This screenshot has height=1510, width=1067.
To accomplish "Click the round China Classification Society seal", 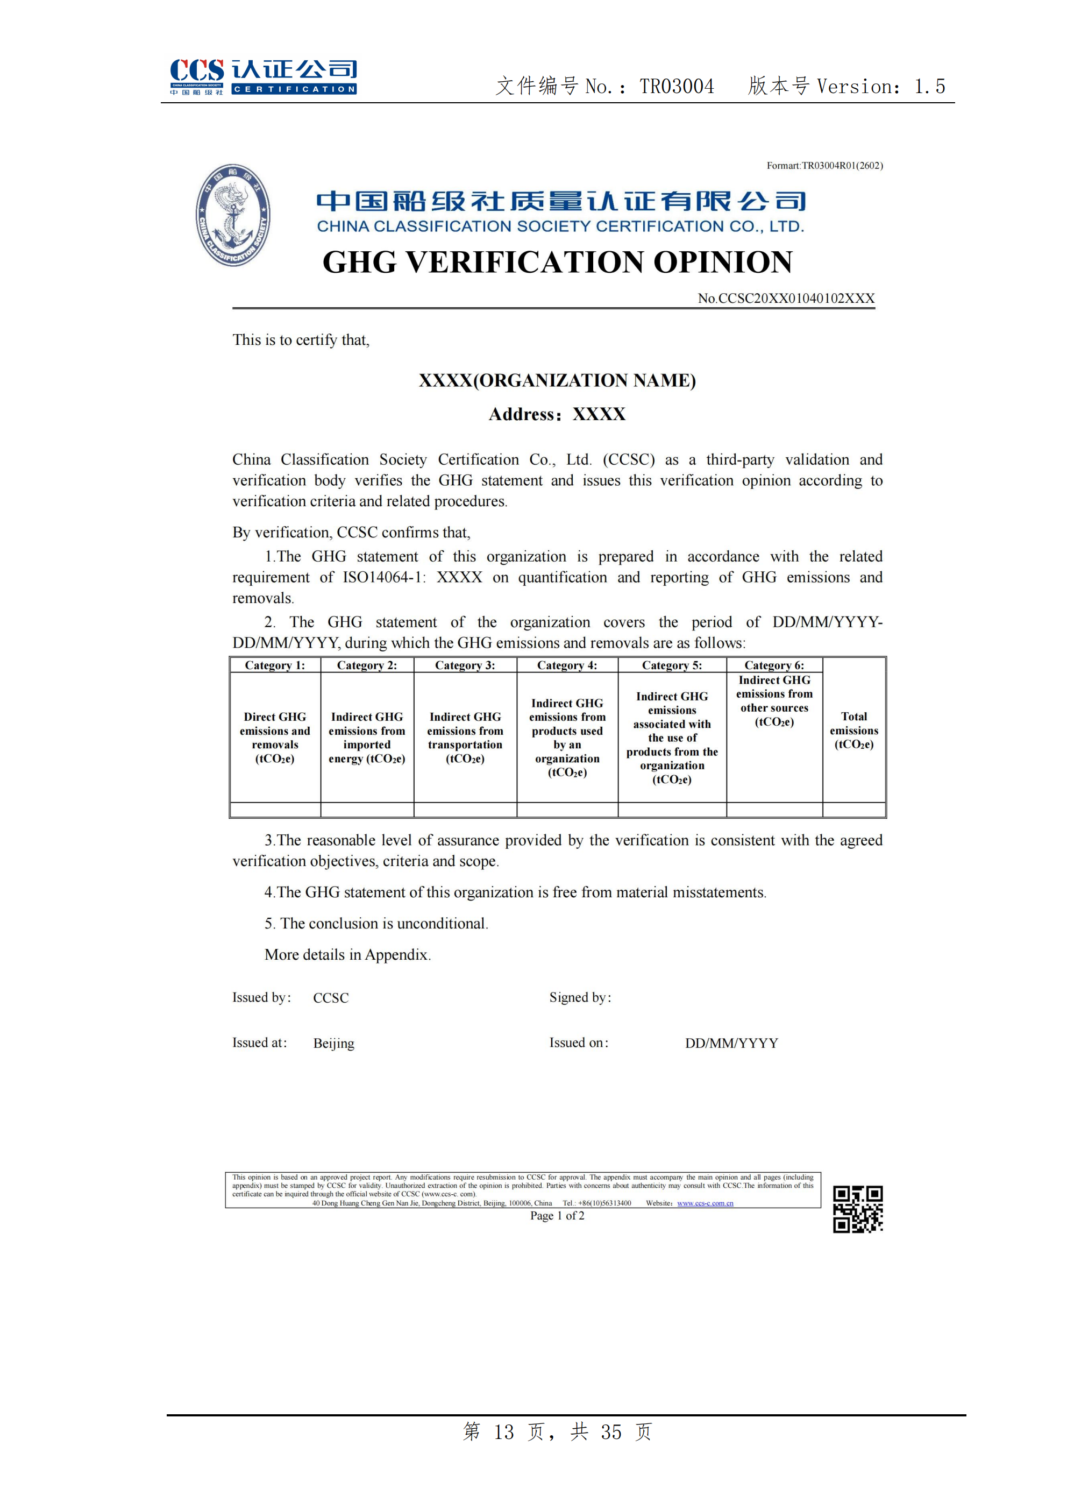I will click(x=233, y=215).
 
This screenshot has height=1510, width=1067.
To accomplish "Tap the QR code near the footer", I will click(x=857, y=1209).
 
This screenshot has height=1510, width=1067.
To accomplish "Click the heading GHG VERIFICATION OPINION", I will click(x=558, y=262).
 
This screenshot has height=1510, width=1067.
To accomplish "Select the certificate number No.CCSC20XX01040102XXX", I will click(x=786, y=298).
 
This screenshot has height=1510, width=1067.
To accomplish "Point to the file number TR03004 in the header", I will click(x=677, y=86).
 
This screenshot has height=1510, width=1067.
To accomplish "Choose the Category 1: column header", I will click(x=275, y=665).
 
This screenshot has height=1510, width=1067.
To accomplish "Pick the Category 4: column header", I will click(x=567, y=665).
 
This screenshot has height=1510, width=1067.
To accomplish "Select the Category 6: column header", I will click(x=774, y=665).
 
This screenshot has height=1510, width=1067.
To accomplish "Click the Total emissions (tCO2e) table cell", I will click(x=853, y=730).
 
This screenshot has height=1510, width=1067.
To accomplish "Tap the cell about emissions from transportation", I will click(x=465, y=737).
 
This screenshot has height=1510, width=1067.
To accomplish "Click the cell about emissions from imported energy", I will click(x=367, y=737).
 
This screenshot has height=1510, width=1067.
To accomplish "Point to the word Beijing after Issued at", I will click(x=333, y=1043).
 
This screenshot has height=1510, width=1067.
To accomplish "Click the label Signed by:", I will click(x=580, y=998).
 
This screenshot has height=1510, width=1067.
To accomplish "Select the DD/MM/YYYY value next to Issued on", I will click(x=731, y=1043).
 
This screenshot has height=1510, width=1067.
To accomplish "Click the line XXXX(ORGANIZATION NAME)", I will click(x=557, y=380).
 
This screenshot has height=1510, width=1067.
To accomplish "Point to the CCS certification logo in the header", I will click(x=263, y=76).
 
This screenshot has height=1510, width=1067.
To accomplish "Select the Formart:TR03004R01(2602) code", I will click(x=824, y=166).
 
